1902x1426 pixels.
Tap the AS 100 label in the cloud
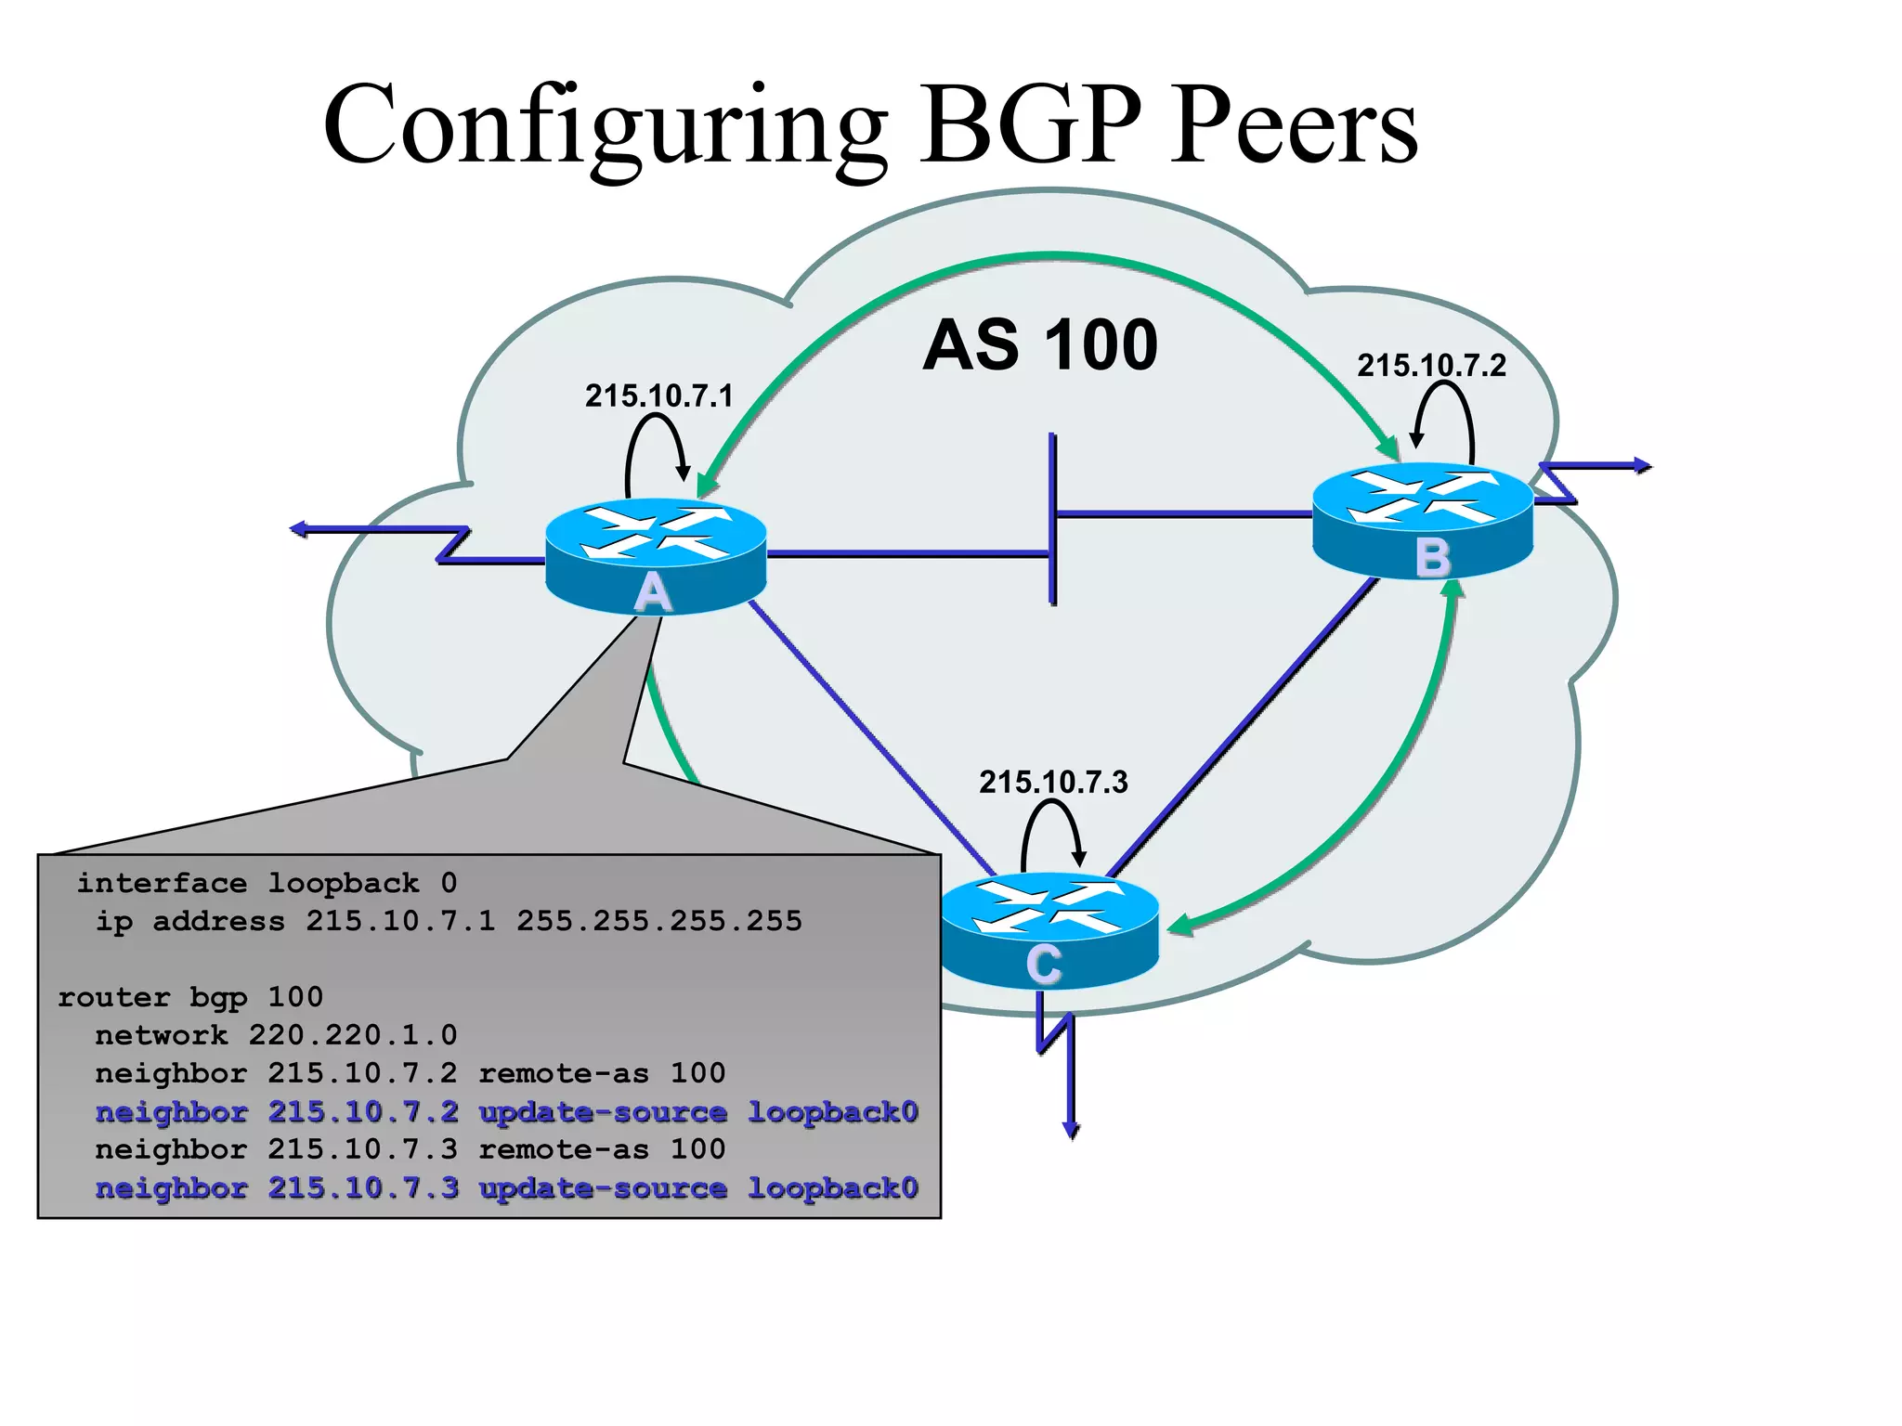tap(1040, 345)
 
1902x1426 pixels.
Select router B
tap(1422, 520)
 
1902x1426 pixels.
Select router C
tap(1049, 928)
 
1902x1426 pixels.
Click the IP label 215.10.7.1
tap(658, 396)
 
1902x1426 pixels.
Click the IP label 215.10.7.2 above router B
tap(1431, 366)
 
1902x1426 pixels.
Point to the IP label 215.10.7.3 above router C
tap(1053, 783)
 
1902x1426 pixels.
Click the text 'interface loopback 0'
tap(267, 883)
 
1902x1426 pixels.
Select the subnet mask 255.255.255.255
tap(658, 921)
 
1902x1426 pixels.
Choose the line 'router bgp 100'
tap(190, 997)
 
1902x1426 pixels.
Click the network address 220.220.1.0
tap(353, 1035)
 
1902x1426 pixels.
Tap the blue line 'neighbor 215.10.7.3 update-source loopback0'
tap(506, 1188)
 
